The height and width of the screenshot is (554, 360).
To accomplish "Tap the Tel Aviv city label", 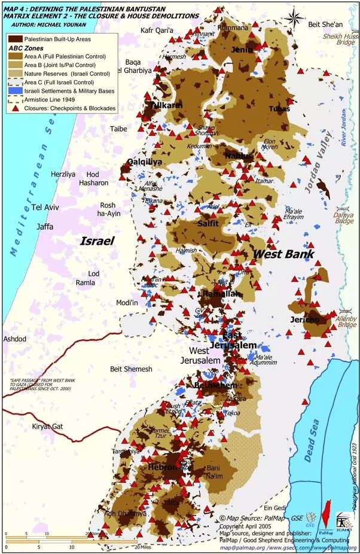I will click(45, 207).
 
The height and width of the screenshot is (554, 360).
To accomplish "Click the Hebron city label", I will click(160, 467).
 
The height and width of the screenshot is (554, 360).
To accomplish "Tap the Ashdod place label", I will click(15, 339).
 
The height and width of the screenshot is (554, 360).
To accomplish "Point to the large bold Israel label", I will click(97, 241).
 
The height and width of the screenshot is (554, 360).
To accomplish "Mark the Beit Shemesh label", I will click(131, 369).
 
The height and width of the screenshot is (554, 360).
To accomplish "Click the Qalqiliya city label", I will click(144, 162).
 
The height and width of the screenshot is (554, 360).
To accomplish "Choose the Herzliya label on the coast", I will click(63, 174).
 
